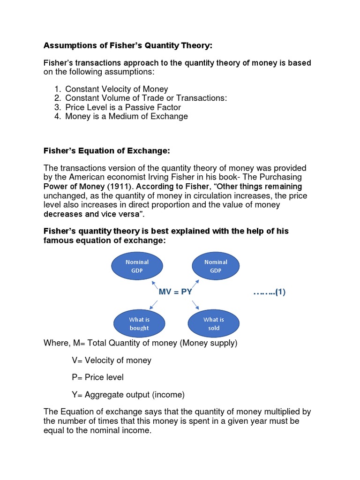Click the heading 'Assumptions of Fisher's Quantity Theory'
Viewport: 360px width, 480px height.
[x=128, y=45]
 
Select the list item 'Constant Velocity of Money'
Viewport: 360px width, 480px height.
[x=116, y=89]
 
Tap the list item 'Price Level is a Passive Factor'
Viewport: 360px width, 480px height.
[x=123, y=107]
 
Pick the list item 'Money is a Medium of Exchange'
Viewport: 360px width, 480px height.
[x=126, y=116]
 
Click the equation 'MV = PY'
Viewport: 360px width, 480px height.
[x=176, y=292]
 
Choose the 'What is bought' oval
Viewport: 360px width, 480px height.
[x=139, y=324]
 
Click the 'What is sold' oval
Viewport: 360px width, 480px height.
[x=213, y=324]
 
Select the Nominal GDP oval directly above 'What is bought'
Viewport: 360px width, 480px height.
[x=137, y=266]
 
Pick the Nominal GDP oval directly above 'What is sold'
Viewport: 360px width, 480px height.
[x=216, y=266]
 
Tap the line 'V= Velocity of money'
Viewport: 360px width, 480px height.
[x=111, y=360]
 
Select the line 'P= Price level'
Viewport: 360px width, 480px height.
[x=97, y=377]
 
